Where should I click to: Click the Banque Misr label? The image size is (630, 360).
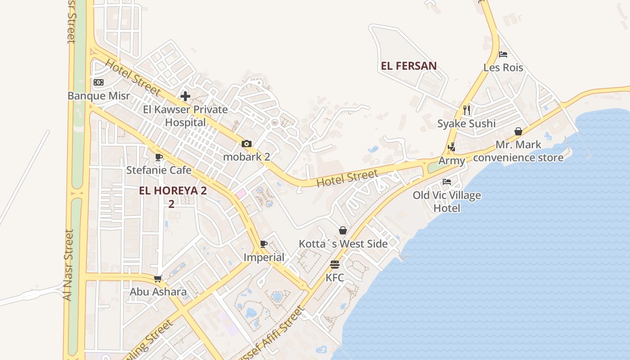(99, 96)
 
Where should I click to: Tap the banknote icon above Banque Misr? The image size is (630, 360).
(99, 82)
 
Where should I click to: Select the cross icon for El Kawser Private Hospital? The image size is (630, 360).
(185, 96)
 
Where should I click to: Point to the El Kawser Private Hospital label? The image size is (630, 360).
(185, 116)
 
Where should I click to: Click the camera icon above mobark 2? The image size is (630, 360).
(246, 144)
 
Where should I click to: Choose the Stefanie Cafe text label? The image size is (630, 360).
(158, 170)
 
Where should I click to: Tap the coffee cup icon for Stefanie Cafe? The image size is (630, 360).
(158, 157)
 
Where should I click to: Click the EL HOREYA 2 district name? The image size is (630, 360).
(173, 191)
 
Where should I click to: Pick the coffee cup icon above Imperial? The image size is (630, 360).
(264, 244)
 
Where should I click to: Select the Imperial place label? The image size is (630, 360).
(264, 257)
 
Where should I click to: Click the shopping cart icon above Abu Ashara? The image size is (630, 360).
(157, 279)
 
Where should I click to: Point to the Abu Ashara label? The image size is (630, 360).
(158, 292)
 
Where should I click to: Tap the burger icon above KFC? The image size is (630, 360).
(334, 264)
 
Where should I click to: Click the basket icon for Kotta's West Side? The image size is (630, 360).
(343, 230)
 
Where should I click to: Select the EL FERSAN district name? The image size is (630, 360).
(409, 66)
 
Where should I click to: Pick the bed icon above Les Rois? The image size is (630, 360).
(503, 54)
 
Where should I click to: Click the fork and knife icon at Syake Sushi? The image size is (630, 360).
(467, 110)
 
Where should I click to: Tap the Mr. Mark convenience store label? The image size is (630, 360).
(518, 151)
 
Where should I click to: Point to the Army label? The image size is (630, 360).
(452, 161)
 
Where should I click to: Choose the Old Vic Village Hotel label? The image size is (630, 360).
(447, 202)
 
